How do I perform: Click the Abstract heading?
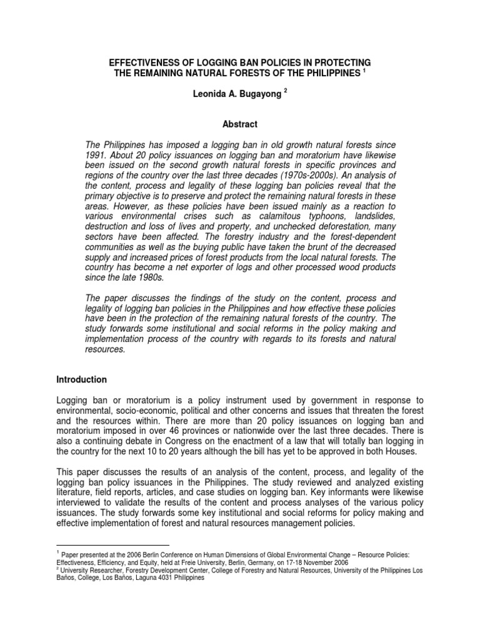[240, 124]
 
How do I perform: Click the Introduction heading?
[82, 379]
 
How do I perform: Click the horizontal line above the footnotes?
[113, 546]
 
